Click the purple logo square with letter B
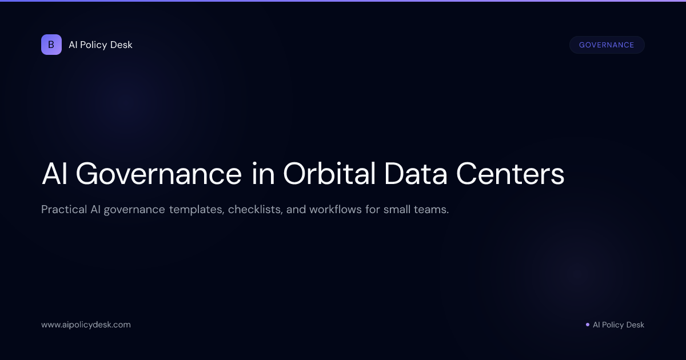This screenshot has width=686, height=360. click(x=51, y=45)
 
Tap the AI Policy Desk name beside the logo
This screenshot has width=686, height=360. click(x=101, y=45)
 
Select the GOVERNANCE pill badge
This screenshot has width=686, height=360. click(x=607, y=45)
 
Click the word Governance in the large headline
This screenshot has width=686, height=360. click(x=158, y=174)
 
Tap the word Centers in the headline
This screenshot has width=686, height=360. click(x=510, y=174)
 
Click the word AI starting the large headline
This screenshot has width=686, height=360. click(x=54, y=174)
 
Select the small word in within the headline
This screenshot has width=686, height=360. click(x=262, y=174)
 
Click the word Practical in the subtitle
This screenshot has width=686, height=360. click(x=63, y=209)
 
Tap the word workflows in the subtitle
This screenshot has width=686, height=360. click(x=335, y=209)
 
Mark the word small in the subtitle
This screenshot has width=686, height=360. click(x=397, y=209)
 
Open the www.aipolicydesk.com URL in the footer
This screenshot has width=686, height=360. click(x=86, y=325)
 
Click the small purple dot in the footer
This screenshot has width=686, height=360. click(x=587, y=325)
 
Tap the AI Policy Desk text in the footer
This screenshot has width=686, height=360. click(x=618, y=325)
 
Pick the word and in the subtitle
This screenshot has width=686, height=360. click(x=296, y=209)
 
